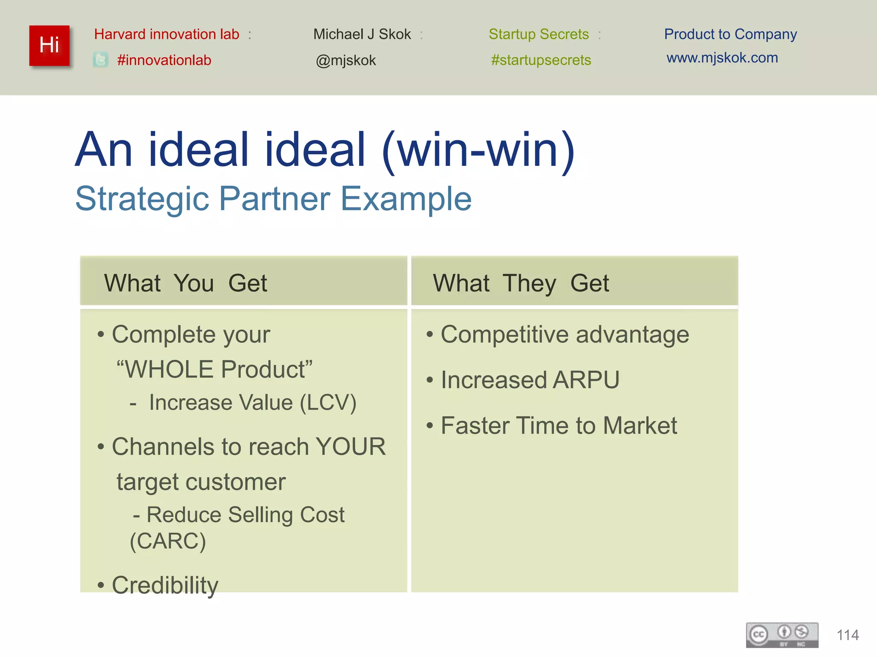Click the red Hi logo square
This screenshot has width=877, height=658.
click(x=49, y=45)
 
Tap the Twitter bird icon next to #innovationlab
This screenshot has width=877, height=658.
click(x=101, y=60)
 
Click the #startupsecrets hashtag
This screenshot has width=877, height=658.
click(x=541, y=60)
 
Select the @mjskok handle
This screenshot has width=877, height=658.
click(x=346, y=60)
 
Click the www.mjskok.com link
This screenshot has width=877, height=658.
click(x=722, y=58)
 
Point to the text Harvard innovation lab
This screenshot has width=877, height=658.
click(x=167, y=34)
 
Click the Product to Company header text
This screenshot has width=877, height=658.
click(x=730, y=34)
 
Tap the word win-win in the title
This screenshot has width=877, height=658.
click(x=478, y=150)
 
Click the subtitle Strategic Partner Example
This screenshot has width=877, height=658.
click(x=273, y=199)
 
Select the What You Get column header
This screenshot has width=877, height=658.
click(x=185, y=283)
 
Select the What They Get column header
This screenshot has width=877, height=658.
click(x=521, y=283)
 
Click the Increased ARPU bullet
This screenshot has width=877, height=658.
click(x=530, y=380)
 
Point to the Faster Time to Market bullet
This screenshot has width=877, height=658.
click(x=558, y=425)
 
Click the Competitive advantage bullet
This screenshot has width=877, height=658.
click(x=564, y=335)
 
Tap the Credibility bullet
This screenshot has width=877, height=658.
click(x=165, y=585)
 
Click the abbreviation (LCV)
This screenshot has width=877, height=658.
click(x=328, y=403)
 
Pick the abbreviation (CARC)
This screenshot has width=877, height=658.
click(x=168, y=541)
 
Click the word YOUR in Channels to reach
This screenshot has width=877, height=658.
click(x=350, y=447)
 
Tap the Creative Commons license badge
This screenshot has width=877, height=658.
click(x=782, y=635)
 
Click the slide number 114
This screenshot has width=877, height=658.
click(x=847, y=635)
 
